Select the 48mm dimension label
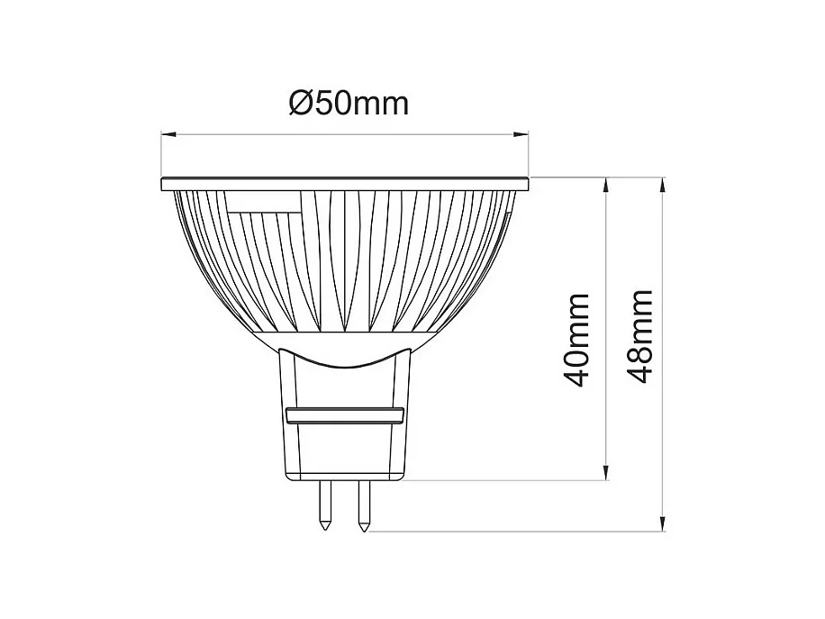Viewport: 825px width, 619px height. tap(639, 336)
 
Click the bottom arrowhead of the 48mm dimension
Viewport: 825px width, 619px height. tap(664, 523)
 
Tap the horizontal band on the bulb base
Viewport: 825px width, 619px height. tap(343, 415)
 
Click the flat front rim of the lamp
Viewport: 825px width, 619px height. tap(344, 185)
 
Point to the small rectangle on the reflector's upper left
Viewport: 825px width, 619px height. tap(264, 205)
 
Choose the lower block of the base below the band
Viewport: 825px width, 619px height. tap(343, 451)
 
